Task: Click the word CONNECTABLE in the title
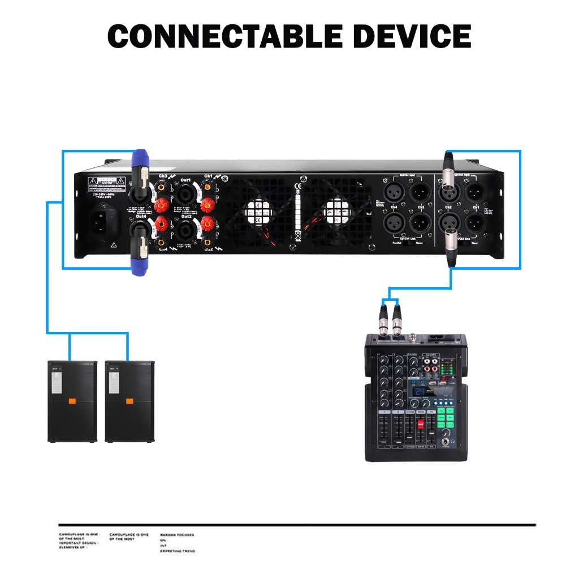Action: pos(224,37)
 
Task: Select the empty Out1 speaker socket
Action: pos(185,196)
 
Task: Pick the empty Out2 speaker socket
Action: pos(185,231)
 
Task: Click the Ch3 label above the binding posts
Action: pos(163,176)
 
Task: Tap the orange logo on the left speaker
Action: pos(72,401)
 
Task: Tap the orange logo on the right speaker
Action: pos(129,401)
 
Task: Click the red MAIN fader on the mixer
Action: pos(420,425)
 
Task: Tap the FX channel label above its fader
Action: pos(431,412)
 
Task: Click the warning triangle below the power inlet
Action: pos(114,245)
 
